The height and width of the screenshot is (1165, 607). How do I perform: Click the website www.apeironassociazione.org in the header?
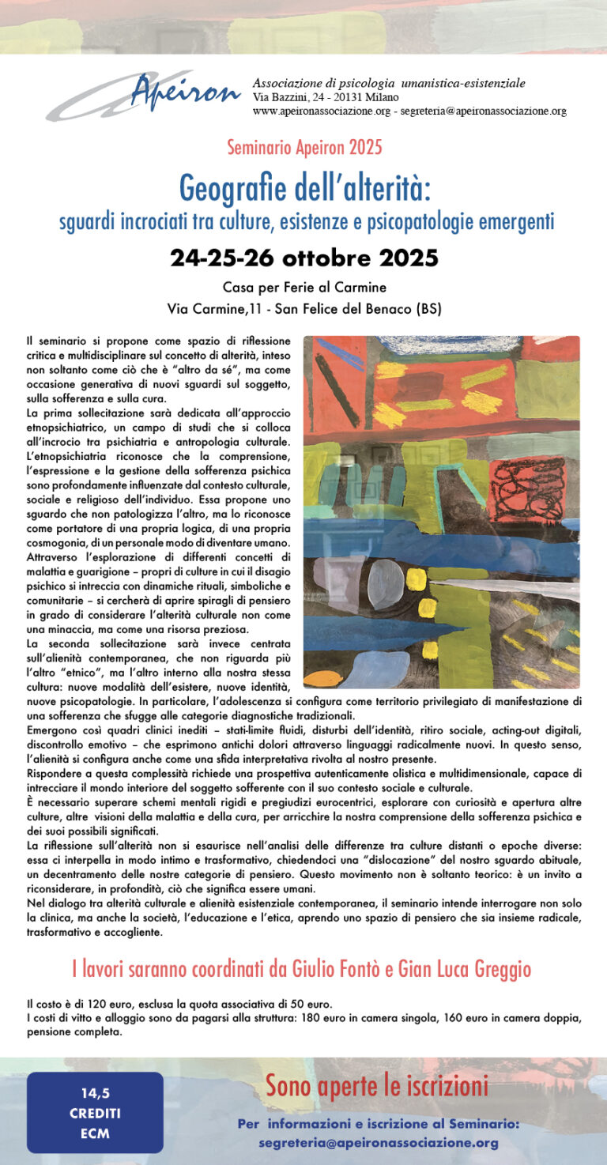pos(322,111)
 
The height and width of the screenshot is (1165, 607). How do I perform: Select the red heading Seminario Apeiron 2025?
pos(304,147)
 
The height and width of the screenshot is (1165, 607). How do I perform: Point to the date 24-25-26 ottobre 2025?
pos(304,258)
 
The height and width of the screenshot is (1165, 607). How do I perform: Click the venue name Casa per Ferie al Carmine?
pos(304,287)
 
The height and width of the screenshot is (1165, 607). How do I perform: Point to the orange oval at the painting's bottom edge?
pos(322,678)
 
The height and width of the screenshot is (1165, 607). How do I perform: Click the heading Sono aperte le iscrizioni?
pos(376,1087)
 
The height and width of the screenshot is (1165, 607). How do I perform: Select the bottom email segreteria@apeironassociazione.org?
pos(378,1143)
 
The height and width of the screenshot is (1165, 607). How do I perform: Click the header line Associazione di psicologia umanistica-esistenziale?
pos(389,83)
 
